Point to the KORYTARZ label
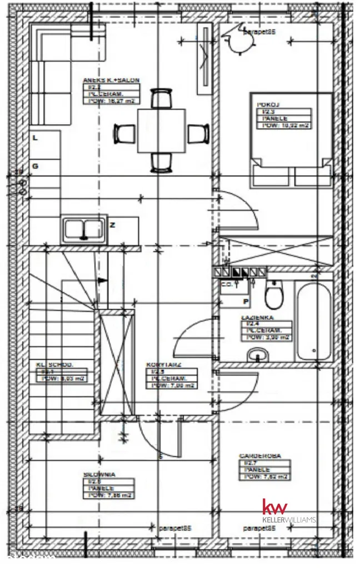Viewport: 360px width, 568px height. (x=163, y=365)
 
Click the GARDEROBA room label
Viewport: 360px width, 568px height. (x=260, y=456)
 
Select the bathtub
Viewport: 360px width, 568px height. (x=314, y=321)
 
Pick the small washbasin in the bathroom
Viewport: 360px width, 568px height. (x=257, y=354)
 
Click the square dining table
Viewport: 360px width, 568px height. (x=161, y=130)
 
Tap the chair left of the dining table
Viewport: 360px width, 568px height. (x=125, y=133)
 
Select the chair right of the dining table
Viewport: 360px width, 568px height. (x=198, y=134)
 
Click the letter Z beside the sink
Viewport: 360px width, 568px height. (x=112, y=225)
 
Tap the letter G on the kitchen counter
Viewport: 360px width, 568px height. (x=35, y=165)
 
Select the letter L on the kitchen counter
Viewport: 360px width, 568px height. (x=35, y=139)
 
